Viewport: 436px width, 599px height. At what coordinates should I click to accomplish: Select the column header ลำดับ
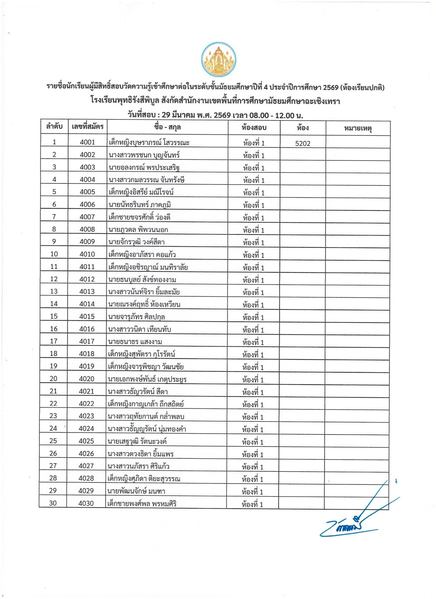(54, 127)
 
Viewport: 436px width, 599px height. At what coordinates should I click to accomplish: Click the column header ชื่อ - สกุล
(167, 127)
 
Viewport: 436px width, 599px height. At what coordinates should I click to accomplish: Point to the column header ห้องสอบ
(254, 128)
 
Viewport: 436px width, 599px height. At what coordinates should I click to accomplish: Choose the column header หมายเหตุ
(358, 128)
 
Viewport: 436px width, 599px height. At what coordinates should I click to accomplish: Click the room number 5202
(303, 144)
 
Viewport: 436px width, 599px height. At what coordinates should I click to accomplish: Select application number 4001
(87, 142)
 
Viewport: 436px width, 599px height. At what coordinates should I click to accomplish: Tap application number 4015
(87, 316)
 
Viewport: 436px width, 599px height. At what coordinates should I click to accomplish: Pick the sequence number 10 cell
(54, 254)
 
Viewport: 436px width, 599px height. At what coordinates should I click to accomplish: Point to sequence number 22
(53, 404)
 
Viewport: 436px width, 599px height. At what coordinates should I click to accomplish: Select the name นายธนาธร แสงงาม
(135, 342)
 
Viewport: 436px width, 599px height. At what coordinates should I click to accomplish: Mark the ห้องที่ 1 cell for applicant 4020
(253, 380)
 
